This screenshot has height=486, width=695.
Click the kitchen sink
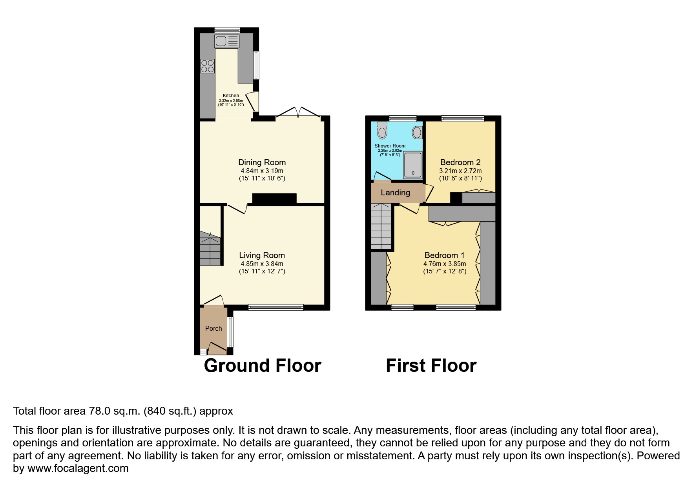(x=227, y=41)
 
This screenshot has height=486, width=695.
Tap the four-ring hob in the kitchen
(x=208, y=66)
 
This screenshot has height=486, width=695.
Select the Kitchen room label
(x=231, y=96)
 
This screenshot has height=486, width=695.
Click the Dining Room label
(x=262, y=162)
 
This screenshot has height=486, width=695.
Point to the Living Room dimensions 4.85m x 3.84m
(x=262, y=264)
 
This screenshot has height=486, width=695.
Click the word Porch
(x=213, y=329)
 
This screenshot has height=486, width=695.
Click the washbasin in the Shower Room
(x=417, y=133)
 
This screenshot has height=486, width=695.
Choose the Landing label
(x=395, y=193)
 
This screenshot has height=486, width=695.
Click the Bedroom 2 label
(x=460, y=162)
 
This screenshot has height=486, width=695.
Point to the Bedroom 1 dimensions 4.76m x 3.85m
(x=445, y=264)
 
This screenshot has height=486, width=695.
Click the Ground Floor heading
(x=263, y=366)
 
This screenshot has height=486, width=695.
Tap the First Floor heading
(x=431, y=366)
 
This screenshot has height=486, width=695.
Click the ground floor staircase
(x=210, y=249)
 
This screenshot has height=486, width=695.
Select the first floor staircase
(x=381, y=226)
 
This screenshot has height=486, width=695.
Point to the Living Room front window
(x=275, y=308)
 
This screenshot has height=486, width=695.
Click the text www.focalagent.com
(x=78, y=468)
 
